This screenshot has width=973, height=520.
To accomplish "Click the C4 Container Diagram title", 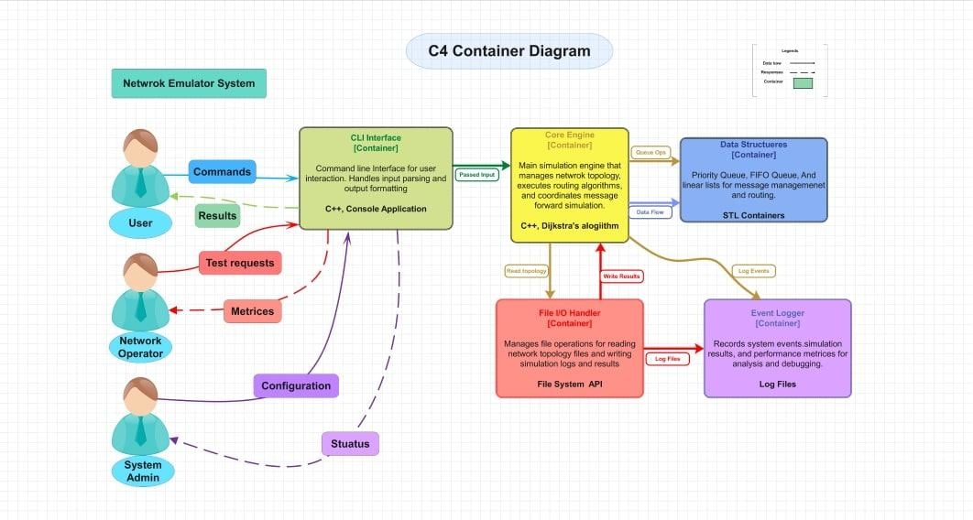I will click(x=509, y=51).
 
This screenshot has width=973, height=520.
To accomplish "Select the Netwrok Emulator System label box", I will click(x=189, y=83).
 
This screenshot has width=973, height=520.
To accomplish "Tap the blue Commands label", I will click(x=222, y=171).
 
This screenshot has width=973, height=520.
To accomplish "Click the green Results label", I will click(x=217, y=216).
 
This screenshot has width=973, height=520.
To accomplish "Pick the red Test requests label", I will click(x=239, y=263).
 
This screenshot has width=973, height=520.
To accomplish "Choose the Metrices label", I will click(x=252, y=311).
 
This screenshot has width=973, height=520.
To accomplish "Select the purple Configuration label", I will click(x=296, y=385).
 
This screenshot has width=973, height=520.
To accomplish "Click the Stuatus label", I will click(x=350, y=444).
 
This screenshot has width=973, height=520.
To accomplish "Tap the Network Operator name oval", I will click(x=140, y=347).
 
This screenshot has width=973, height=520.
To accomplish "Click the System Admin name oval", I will click(x=142, y=471).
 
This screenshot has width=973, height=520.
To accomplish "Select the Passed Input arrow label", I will click(x=476, y=174).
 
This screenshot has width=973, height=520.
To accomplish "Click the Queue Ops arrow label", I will click(x=650, y=152).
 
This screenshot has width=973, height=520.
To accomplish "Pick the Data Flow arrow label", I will click(x=650, y=212).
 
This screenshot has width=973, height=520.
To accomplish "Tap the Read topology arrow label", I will click(x=528, y=271).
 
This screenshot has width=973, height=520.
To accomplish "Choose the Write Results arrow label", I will click(x=621, y=276).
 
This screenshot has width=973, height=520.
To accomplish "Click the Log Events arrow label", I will click(x=753, y=271).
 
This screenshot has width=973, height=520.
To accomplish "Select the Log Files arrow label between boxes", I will click(x=667, y=359).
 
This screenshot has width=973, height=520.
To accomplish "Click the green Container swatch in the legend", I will click(x=803, y=82).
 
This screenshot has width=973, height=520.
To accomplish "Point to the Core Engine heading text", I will click(x=569, y=135).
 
